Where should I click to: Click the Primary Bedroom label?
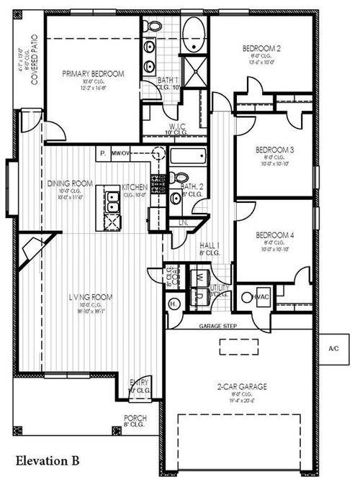(x=93, y=73)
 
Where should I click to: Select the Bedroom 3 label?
(x=276, y=150)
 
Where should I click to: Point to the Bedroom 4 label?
(x=276, y=235)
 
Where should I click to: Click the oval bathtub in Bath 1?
(x=192, y=35)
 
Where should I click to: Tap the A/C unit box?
(x=333, y=347)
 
